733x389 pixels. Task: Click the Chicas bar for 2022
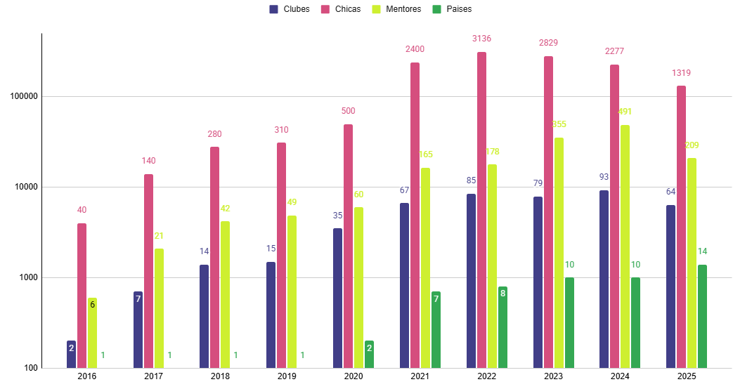pos(481,210)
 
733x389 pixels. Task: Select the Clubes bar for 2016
pos(71,355)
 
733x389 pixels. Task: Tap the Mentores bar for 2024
pos(625,246)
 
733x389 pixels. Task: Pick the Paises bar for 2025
pos(702,316)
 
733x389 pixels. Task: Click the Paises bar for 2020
pos(369,355)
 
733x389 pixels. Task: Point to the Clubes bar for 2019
pos(271,315)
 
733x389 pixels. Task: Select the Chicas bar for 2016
pos(82,296)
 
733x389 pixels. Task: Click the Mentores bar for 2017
pos(159,308)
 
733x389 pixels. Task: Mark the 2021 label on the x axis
pos(420,377)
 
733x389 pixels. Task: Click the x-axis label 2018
pos(220,377)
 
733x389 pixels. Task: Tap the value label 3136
pos(481,39)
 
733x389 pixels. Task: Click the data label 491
pos(625,112)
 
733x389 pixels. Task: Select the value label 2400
pos(415,49)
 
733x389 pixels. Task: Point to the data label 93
pos(604,177)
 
